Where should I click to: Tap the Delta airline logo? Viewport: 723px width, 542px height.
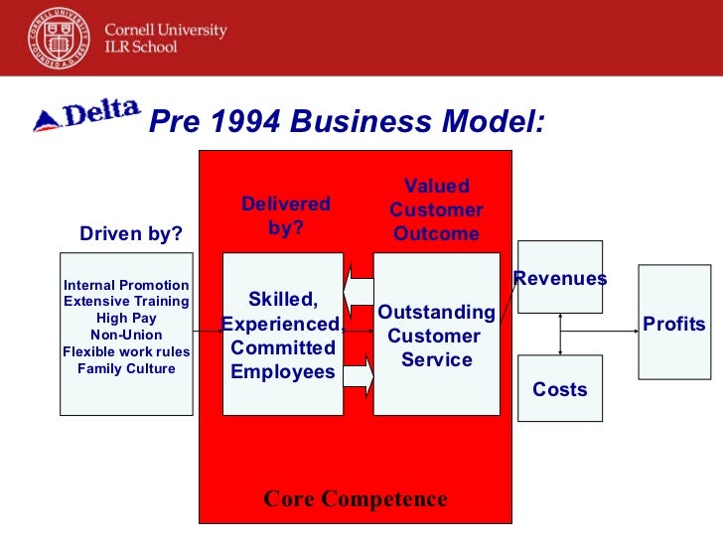click(x=86, y=116)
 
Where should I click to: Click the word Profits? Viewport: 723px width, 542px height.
click(x=674, y=324)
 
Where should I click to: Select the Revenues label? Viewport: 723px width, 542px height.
click(x=560, y=279)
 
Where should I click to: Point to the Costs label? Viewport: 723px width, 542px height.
click(x=560, y=389)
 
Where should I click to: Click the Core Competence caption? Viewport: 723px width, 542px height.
click(x=356, y=498)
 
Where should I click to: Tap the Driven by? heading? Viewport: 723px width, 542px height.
click(x=131, y=234)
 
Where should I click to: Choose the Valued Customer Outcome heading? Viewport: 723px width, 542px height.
click(x=436, y=210)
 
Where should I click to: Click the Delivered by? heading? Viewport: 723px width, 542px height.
click(x=286, y=215)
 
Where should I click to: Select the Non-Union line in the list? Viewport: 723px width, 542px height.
click(x=126, y=335)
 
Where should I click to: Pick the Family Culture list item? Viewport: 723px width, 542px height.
click(x=126, y=368)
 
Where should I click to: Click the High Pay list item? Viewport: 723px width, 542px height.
click(x=126, y=318)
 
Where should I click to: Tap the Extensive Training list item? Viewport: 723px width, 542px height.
click(x=126, y=301)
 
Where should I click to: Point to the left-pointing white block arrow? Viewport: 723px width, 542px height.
click(x=358, y=290)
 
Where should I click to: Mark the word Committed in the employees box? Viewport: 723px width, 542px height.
click(x=283, y=348)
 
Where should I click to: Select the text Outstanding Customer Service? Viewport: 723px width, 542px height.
click(x=436, y=337)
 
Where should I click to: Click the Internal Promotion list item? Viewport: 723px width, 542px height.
click(x=126, y=285)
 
